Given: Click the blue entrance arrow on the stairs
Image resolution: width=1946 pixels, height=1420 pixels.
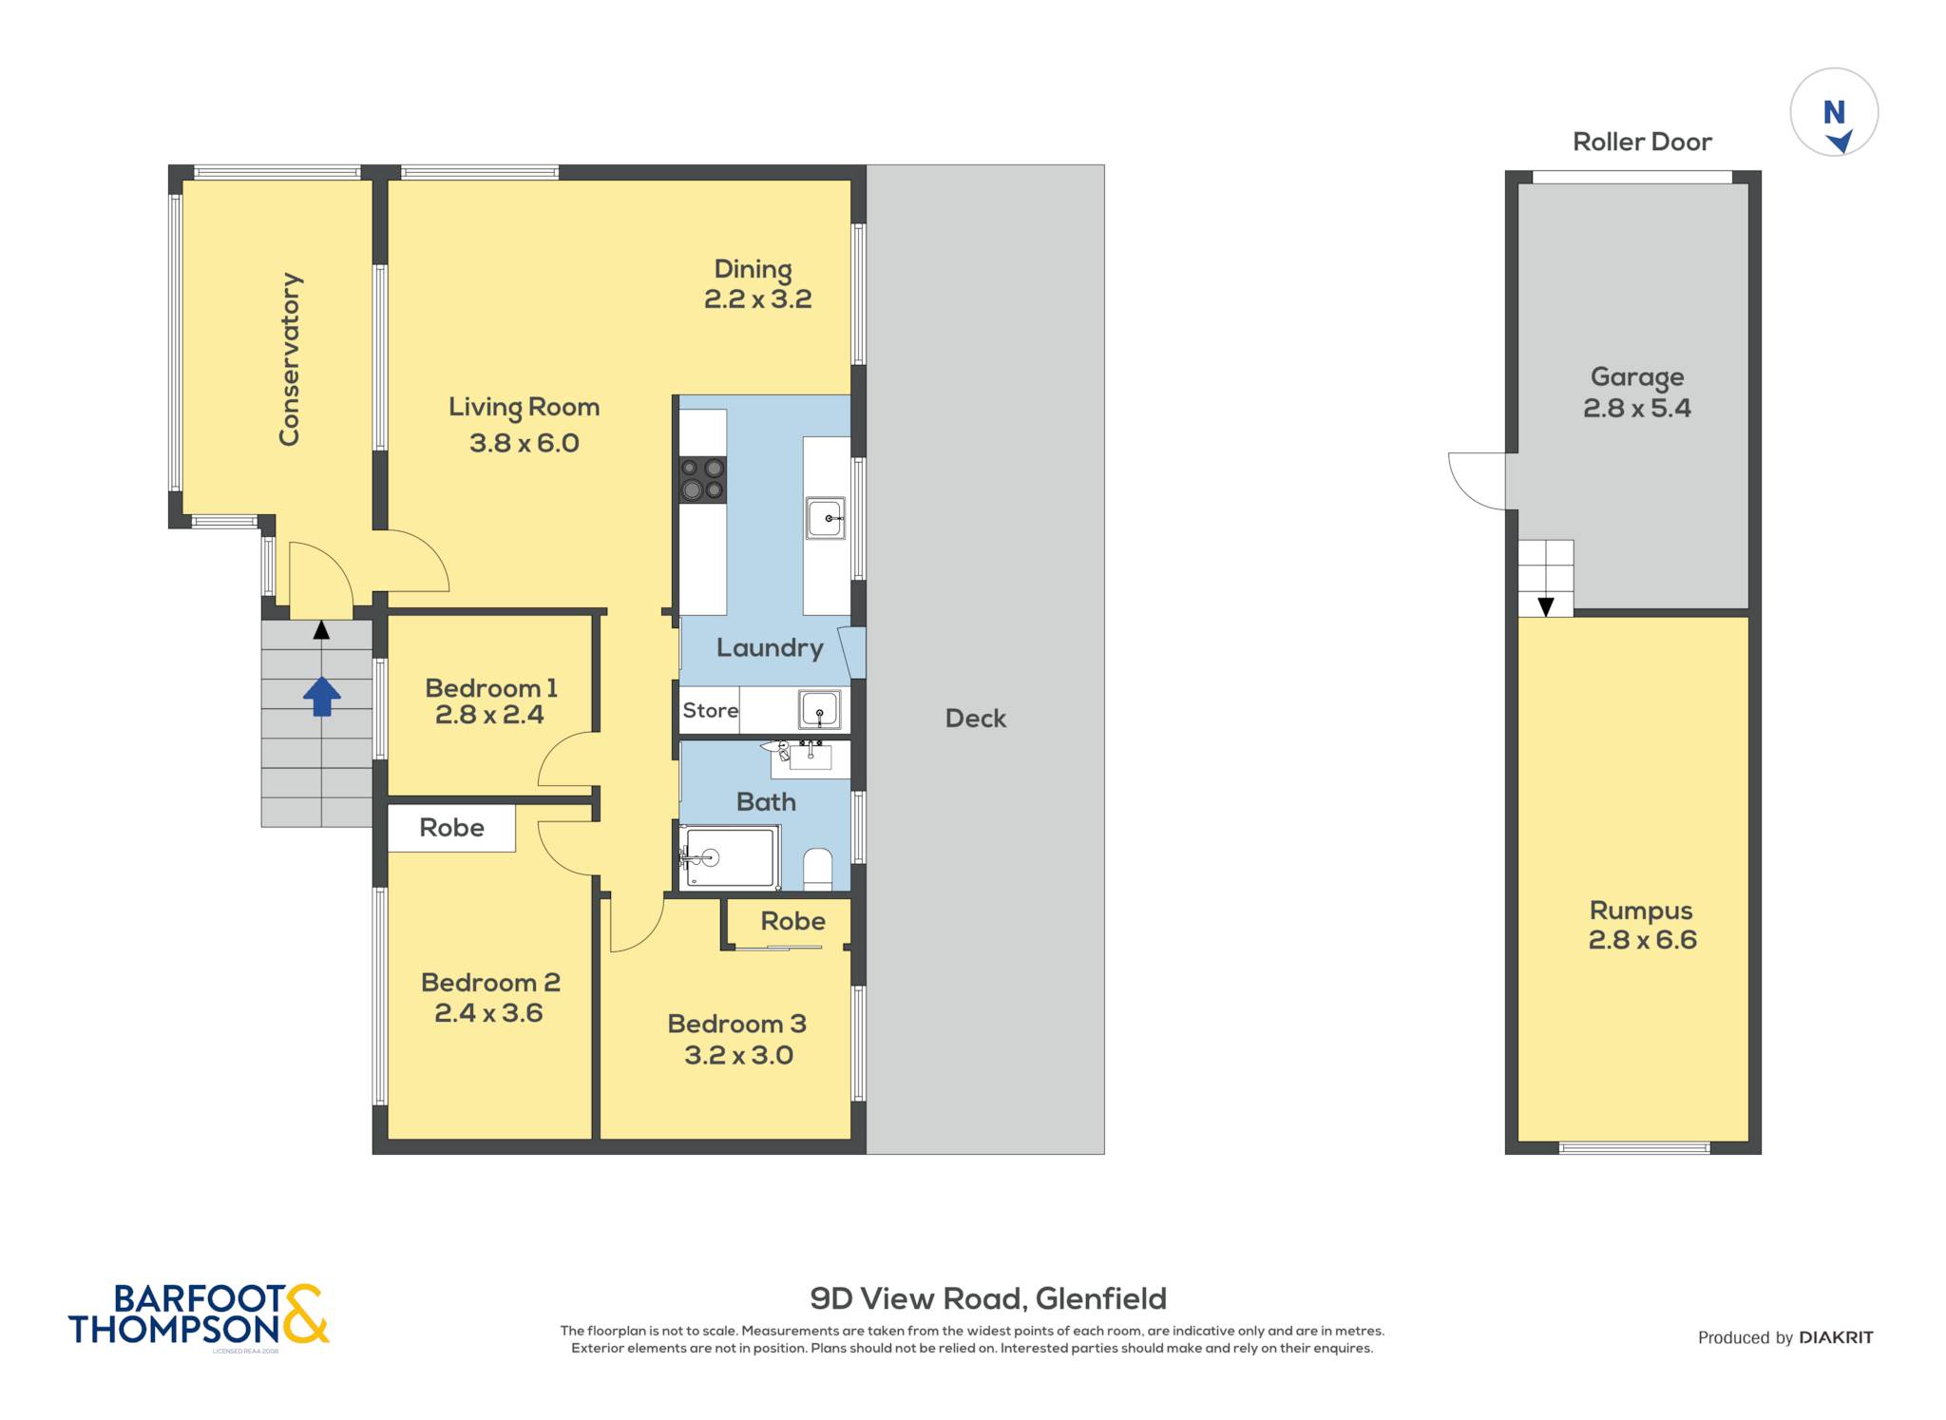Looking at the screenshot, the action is [x=322, y=696].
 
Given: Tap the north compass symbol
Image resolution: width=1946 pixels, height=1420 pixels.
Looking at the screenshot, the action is [x=1834, y=112].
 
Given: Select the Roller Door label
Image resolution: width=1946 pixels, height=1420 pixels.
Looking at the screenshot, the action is [x=1642, y=142].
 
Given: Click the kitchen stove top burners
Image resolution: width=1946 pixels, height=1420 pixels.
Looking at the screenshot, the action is [x=703, y=479].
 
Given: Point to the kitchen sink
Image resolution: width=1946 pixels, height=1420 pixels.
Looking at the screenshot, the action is [x=825, y=519].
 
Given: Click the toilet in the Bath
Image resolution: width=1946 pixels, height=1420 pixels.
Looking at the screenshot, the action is [x=818, y=869].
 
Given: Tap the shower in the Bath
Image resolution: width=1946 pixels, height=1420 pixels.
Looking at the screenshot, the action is [x=729, y=858].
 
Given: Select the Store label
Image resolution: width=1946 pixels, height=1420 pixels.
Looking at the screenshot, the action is [x=711, y=710].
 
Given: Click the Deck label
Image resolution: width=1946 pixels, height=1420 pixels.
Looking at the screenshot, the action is [x=976, y=719].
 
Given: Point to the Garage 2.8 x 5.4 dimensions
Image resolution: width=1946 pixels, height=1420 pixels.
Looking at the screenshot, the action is [x=1637, y=409].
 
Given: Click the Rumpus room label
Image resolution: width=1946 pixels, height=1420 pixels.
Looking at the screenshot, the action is [x=1641, y=911].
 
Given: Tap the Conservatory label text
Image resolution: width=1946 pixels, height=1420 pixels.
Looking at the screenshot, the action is [x=290, y=359].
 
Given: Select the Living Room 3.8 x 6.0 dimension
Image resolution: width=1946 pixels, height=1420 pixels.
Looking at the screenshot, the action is [x=525, y=443].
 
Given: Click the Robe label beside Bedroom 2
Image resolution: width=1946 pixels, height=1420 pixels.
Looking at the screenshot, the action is [x=451, y=828].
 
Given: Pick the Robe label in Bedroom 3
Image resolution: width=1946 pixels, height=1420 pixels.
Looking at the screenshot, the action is [x=793, y=921].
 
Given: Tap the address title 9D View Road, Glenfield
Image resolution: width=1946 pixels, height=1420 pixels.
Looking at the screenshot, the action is [x=988, y=1298].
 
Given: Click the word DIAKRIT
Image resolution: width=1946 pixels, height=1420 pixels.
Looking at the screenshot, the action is [x=1836, y=1337].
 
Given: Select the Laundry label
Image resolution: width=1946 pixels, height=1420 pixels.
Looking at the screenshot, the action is [x=770, y=648].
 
